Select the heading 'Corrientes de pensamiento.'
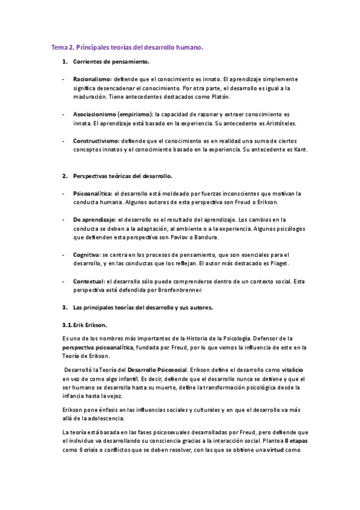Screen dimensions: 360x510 pyautogui.click(x=111, y=62)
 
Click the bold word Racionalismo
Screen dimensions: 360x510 pyautogui.click(x=92, y=79)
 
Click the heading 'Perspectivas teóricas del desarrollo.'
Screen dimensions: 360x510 pyautogui.click(x=123, y=176)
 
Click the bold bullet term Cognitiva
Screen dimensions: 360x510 pyautogui.click(x=87, y=254)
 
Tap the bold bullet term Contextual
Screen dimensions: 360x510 pyautogui.click(x=88, y=281)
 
